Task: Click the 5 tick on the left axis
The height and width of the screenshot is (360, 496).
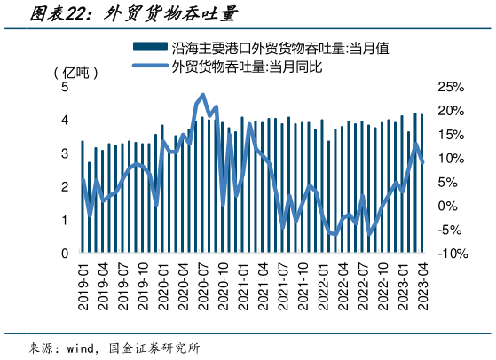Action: point(65,87)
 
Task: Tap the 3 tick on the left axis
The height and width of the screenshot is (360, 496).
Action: point(65,153)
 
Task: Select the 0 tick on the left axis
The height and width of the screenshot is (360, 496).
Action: point(65,253)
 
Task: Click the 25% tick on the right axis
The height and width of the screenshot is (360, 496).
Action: point(451,87)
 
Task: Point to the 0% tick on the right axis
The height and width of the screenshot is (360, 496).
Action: point(447,206)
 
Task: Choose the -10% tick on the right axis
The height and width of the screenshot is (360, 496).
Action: point(448,253)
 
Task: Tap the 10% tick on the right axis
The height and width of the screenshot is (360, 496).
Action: point(451,159)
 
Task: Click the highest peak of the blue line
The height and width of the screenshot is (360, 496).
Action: point(204,95)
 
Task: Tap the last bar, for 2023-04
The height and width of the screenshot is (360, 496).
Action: point(422,184)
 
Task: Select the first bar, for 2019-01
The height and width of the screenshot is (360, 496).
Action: point(83,197)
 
